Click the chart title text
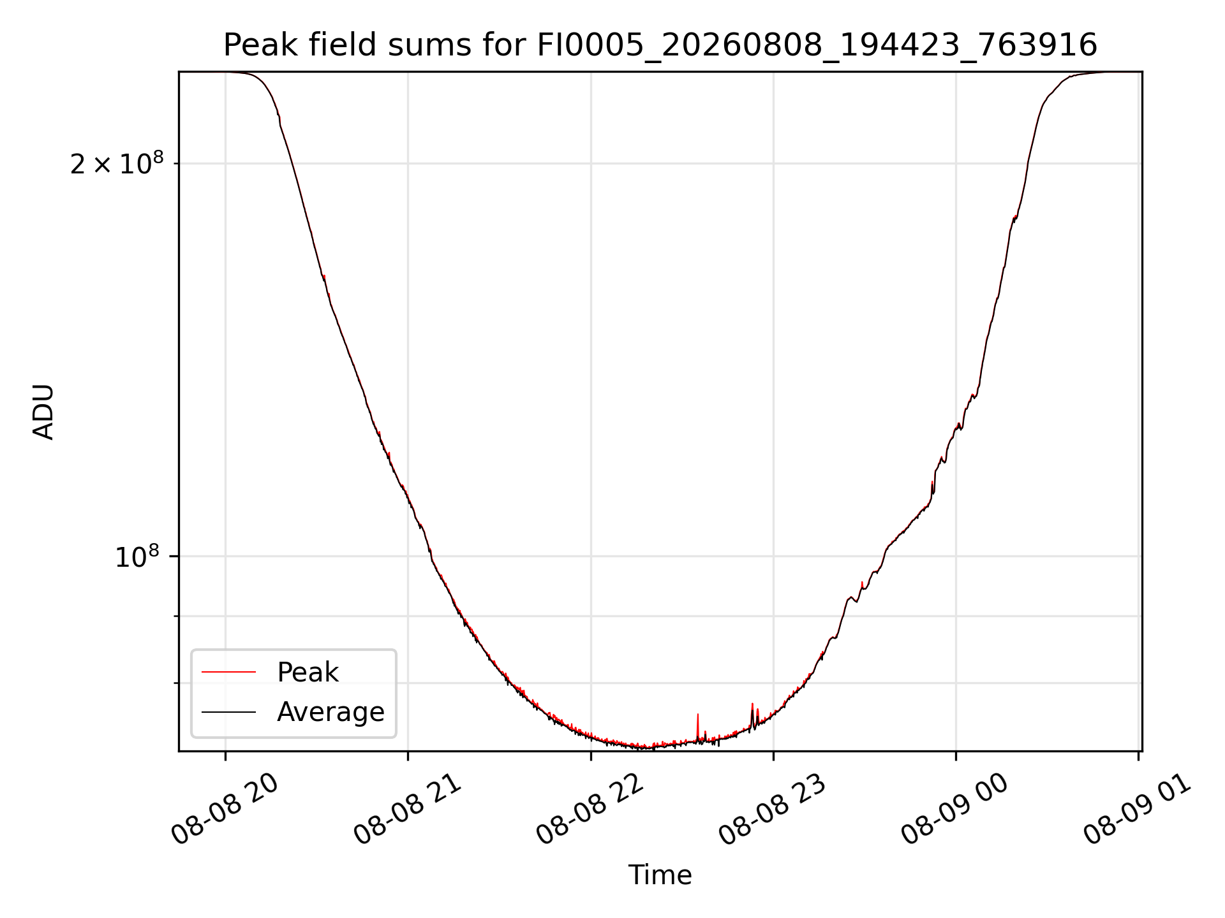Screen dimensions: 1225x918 click(660, 46)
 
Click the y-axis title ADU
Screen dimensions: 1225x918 click(43, 412)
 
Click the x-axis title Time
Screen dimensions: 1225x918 click(660, 875)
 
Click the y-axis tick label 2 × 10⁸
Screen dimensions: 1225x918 click(117, 163)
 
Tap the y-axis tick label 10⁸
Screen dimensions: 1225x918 click(137, 557)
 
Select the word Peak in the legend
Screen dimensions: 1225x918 click(308, 673)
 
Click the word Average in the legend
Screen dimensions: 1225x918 click(330, 712)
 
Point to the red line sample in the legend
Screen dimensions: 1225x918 click(228, 672)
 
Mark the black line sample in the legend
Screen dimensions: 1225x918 click(228, 711)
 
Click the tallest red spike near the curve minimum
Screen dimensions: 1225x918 click(698, 715)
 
